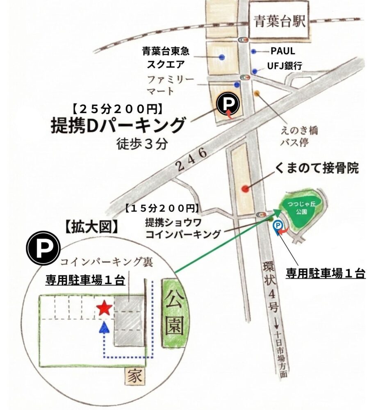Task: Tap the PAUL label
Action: (x=282, y=51)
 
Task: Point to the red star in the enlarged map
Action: (x=104, y=308)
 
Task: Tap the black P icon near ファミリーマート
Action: (x=228, y=105)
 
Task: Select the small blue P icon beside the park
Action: (x=278, y=225)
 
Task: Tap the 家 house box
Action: (x=135, y=375)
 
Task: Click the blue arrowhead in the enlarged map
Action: (x=104, y=327)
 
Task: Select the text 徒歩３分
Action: (x=142, y=144)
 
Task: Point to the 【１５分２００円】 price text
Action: (x=162, y=208)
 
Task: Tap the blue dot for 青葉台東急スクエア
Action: (x=222, y=57)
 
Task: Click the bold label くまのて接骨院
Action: (x=317, y=168)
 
